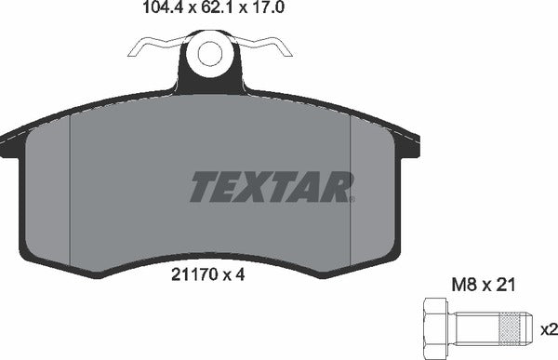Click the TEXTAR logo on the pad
[x=272, y=187]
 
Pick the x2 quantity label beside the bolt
[x=549, y=328]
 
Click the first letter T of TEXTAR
[x=205, y=187]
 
